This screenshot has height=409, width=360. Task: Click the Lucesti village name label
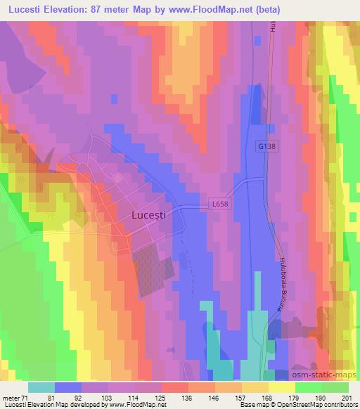149,217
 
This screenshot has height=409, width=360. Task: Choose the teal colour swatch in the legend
41,387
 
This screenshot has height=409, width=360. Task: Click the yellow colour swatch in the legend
281,387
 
